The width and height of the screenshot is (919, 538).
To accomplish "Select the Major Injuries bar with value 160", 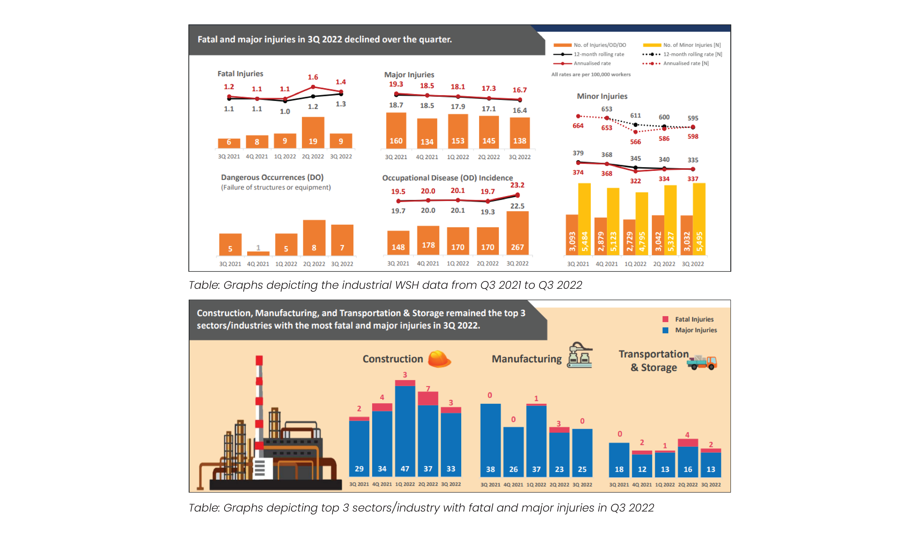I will tap(396, 131).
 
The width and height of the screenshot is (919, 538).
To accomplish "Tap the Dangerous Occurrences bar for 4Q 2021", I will tap(258, 253).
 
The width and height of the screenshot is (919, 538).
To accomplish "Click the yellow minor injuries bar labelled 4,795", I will tap(642, 223).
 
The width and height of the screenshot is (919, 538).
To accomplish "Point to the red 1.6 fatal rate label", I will tap(313, 77).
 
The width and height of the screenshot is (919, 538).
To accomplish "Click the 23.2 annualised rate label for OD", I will tap(517, 185).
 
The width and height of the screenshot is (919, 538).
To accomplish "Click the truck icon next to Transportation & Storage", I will tap(702, 362).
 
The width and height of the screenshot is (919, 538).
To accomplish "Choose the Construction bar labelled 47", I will tap(405, 431).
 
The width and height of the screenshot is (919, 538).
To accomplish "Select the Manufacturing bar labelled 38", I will tap(490, 440).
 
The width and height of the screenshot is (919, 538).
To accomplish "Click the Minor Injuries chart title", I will tap(602, 96).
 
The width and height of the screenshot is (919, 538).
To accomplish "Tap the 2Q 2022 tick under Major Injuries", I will tap(489, 157).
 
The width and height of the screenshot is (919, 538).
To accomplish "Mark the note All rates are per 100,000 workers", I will tap(591, 74).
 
